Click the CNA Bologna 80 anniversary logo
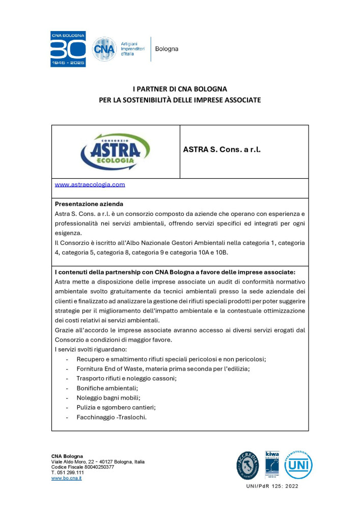(x=68, y=49)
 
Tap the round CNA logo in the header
(x=104, y=49)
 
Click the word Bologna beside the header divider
(x=167, y=49)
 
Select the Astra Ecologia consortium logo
(x=116, y=151)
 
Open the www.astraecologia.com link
(x=90, y=185)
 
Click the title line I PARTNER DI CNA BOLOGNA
(x=180, y=89)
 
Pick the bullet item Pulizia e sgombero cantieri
(x=116, y=407)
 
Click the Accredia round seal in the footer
(x=248, y=465)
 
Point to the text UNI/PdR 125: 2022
(x=273, y=486)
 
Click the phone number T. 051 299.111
(x=68, y=472)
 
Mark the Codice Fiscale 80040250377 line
(x=82, y=467)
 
